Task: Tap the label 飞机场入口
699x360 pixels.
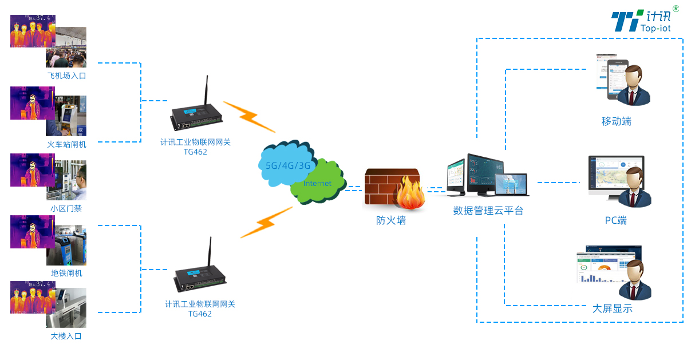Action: [66, 76]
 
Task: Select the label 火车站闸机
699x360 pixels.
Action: [66, 144]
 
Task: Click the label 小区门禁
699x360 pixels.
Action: [66, 209]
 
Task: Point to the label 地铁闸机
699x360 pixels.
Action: [66, 273]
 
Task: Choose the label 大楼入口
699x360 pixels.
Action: [66, 336]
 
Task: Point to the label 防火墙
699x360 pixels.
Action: [391, 220]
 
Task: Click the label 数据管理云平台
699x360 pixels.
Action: [488, 211]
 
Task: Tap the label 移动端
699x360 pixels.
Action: [616, 121]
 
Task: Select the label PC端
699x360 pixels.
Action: [616, 220]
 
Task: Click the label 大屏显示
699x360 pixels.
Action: [613, 308]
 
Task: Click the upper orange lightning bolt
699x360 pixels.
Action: [248, 116]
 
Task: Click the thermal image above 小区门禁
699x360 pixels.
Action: [32, 169]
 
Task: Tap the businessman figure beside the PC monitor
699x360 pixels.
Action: [634, 189]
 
